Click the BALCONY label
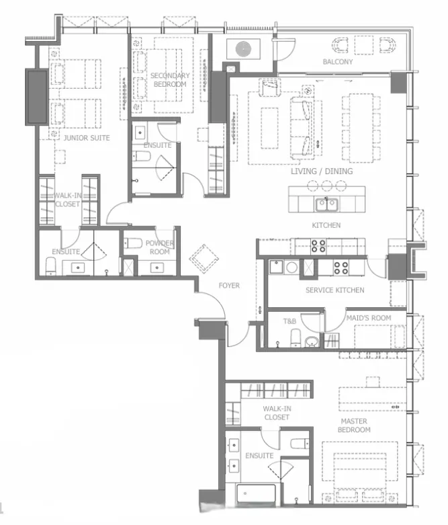[338, 62]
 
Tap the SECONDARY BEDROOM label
[170, 80]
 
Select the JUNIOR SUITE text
[87, 138]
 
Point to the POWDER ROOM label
[160, 247]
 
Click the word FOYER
[229, 285]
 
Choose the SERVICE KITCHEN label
[335, 290]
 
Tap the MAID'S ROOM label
[368, 318]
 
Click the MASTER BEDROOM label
[354, 426]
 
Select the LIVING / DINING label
[322, 171]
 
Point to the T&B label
[289, 321]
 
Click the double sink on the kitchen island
[327, 204]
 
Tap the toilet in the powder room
[133, 243]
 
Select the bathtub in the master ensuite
[256, 493]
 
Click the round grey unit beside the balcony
[243, 49]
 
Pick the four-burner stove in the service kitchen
[341, 268]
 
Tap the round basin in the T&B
[312, 341]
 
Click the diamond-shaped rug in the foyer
[204, 259]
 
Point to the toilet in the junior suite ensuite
[51, 266]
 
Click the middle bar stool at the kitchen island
[326, 185]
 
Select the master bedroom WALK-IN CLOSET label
[277, 413]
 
